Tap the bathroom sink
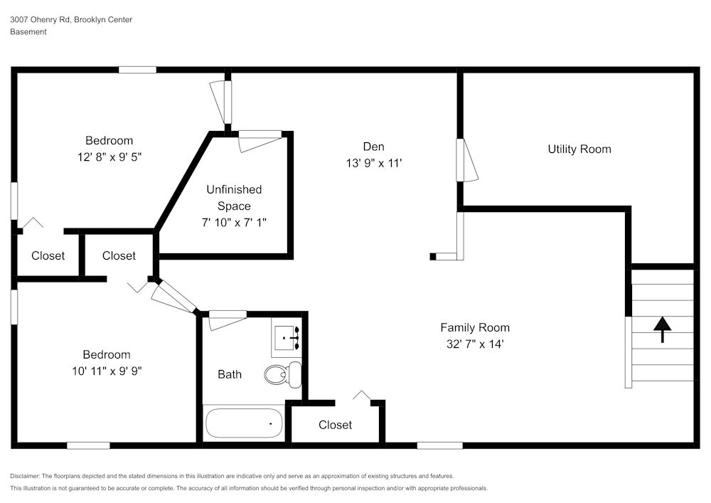tap(287, 337)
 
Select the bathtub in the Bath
tap(244, 424)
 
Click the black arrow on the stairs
tap(662, 329)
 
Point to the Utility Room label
tap(579, 149)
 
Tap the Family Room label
tap(474, 327)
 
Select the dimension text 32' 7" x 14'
tap(474, 344)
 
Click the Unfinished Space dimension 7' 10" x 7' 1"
tap(234, 223)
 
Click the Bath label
tap(230, 374)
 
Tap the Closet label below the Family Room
tap(335, 425)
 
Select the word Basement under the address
tap(28, 32)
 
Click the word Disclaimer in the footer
tap(26, 476)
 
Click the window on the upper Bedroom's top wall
tap(137, 70)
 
